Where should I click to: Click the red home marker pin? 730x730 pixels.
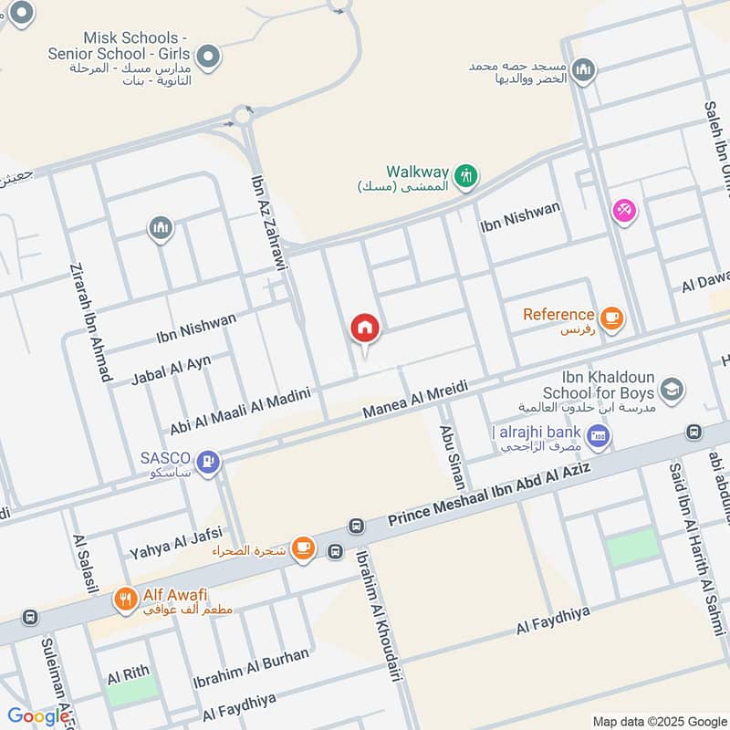pyautogui.click(x=365, y=328)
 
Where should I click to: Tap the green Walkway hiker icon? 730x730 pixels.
pyautogui.click(x=466, y=174)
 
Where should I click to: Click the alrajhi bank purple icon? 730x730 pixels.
pyautogui.click(x=599, y=436)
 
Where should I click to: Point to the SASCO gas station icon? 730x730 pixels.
pyautogui.click(x=209, y=462)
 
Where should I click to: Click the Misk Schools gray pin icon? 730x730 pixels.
pyautogui.click(x=209, y=58)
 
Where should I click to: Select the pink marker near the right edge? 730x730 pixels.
pyautogui.click(x=624, y=211)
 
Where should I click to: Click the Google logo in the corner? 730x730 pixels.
pyautogui.click(x=38, y=716)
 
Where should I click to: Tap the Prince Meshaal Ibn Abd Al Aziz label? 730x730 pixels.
pyautogui.click(x=489, y=494)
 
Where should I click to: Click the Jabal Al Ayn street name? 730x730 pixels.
pyautogui.click(x=172, y=369)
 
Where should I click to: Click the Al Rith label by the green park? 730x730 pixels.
pyautogui.click(x=128, y=676)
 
